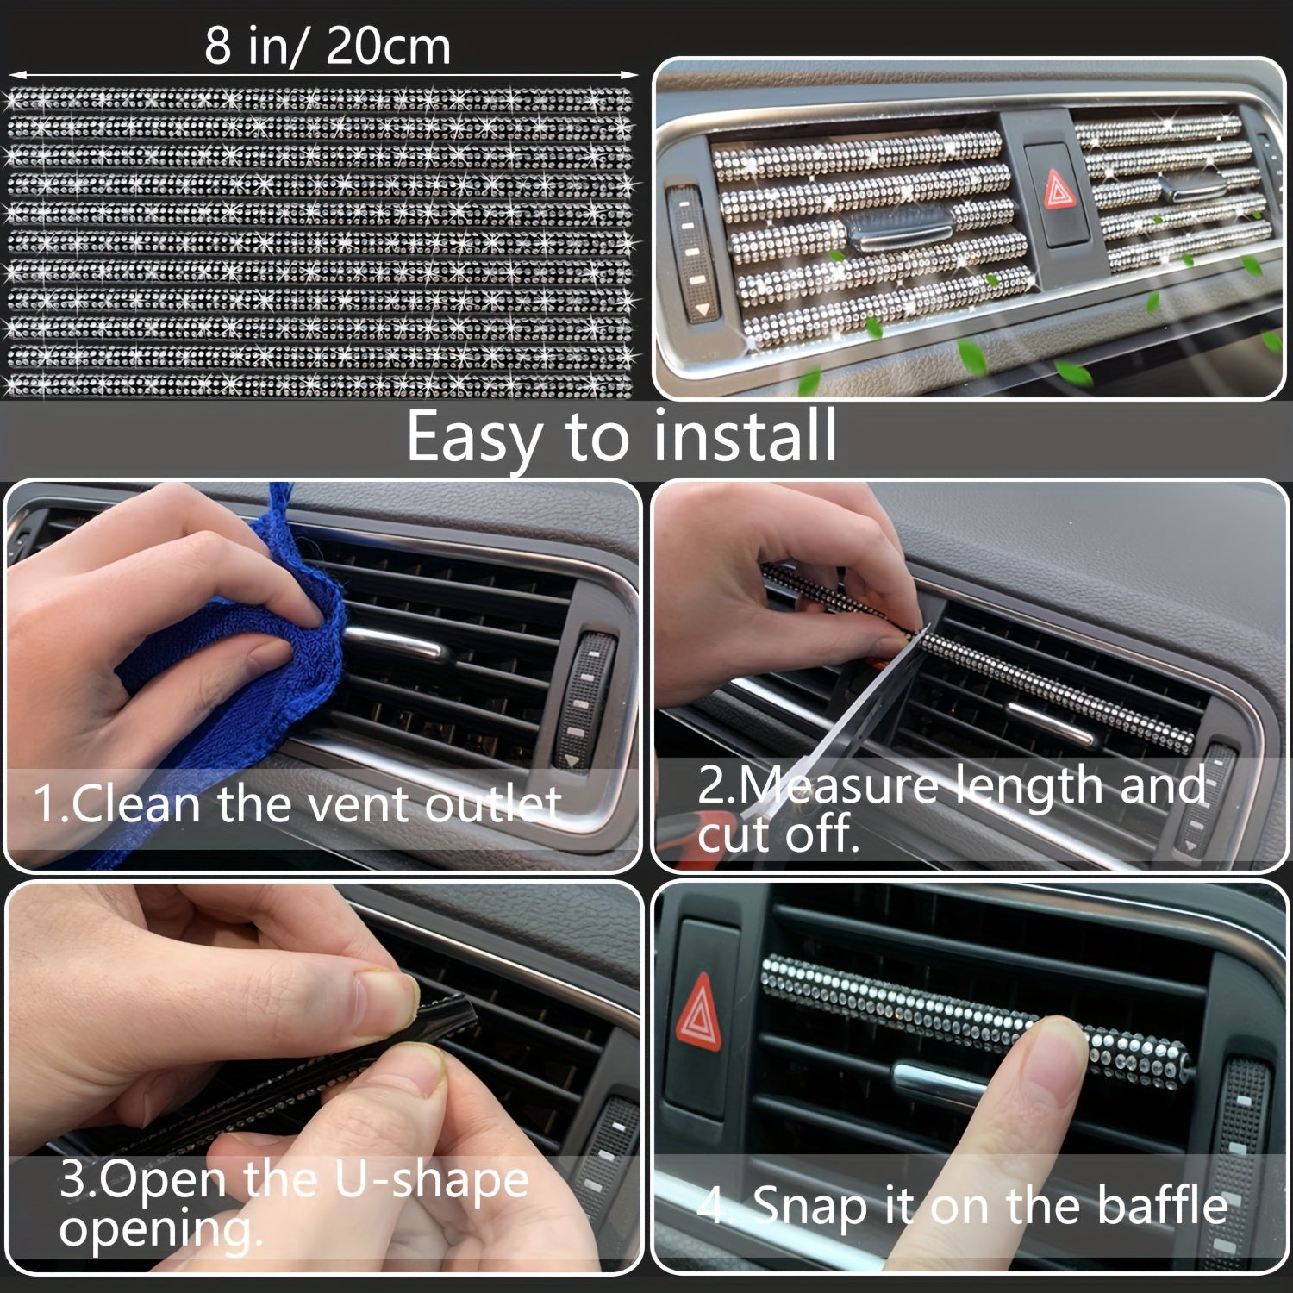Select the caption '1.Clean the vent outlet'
297,804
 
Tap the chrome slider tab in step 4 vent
940,1077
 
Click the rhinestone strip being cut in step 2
1052,690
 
